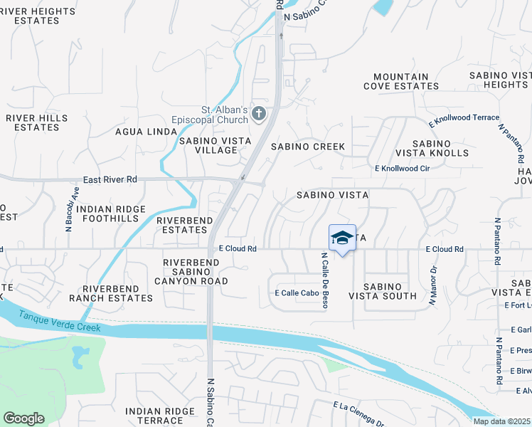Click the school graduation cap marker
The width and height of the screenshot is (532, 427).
pos(342,238)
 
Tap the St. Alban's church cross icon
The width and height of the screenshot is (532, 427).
pos(259,112)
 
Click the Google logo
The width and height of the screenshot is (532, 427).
pos(23,418)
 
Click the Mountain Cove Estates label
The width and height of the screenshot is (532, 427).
pos(401,81)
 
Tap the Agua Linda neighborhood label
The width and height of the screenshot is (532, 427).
pos(146,132)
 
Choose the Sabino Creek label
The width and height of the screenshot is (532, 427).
pos(308,147)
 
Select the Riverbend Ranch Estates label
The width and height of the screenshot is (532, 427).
pos(117,293)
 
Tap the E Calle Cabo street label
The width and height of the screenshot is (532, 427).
pos(296,292)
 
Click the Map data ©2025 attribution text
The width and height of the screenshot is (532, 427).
pos(501,421)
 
